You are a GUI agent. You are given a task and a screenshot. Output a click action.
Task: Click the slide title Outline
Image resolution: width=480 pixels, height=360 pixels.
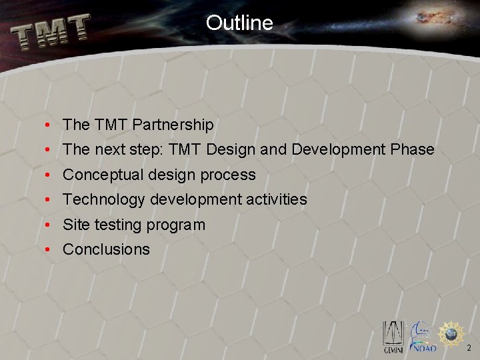tap(239, 23)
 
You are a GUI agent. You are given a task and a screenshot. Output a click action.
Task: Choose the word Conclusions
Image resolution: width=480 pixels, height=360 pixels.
tap(106, 249)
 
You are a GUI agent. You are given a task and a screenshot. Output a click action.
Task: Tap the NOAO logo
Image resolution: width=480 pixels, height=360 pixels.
tap(422, 337)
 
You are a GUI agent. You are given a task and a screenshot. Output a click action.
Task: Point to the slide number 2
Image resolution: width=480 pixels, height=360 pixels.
tap(469, 348)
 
